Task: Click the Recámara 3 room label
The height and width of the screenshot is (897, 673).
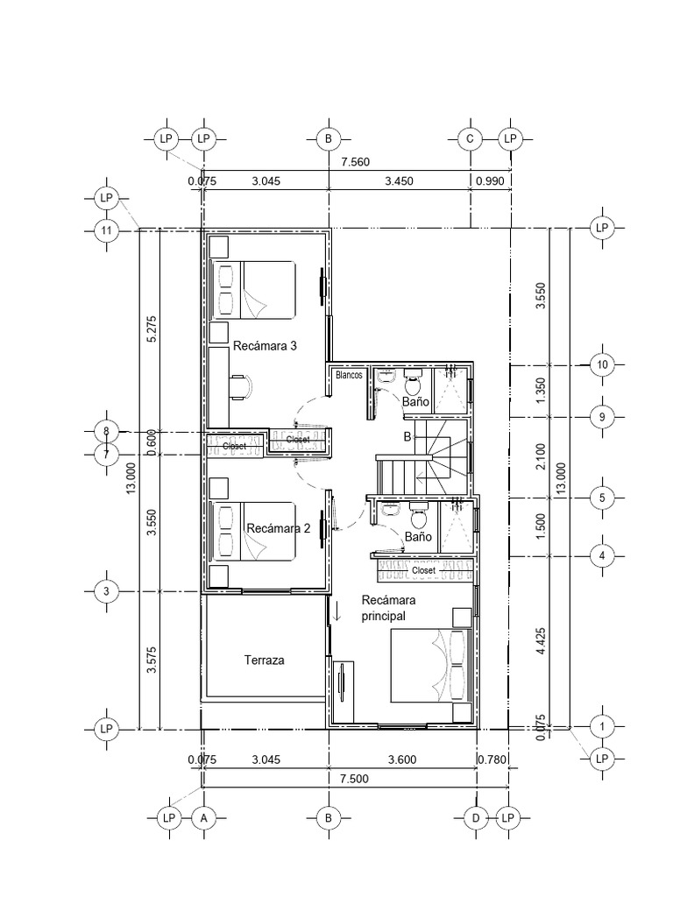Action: click(x=265, y=346)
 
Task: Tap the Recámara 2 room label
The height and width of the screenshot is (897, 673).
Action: click(x=279, y=528)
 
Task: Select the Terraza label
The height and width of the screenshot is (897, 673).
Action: click(x=264, y=660)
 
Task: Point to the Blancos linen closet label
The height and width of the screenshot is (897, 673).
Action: click(x=348, y=375)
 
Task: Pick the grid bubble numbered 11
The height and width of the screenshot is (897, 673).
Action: click(x=107, y=230)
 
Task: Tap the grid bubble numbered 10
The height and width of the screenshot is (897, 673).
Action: click(x=602, y=364)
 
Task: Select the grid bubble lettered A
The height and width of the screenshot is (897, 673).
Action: click(x=203, y=817)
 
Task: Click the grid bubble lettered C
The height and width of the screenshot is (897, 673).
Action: click(x=471, y=139)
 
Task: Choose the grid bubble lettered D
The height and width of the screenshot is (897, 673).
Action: click(x=476, y=817)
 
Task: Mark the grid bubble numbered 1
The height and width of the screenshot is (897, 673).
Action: click(x=602, y=726)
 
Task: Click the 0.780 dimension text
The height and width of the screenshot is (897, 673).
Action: click(x=492, y=759)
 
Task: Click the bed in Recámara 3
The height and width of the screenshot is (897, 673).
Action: click(x=254, y=290)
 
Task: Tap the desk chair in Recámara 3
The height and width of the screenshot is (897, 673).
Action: click(x=242, y=385)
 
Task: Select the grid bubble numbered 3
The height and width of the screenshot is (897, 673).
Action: click(x=107, y=592)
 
